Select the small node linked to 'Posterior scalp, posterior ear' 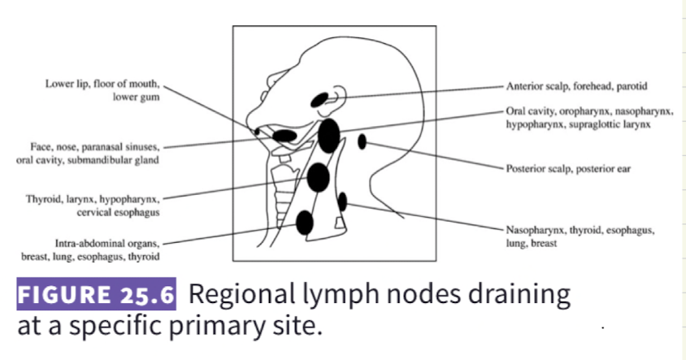(362, 142)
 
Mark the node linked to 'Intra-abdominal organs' (305, 221)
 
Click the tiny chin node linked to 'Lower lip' (258, 131)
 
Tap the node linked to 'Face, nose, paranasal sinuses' (284, 135)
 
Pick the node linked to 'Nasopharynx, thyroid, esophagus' (342, 201)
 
